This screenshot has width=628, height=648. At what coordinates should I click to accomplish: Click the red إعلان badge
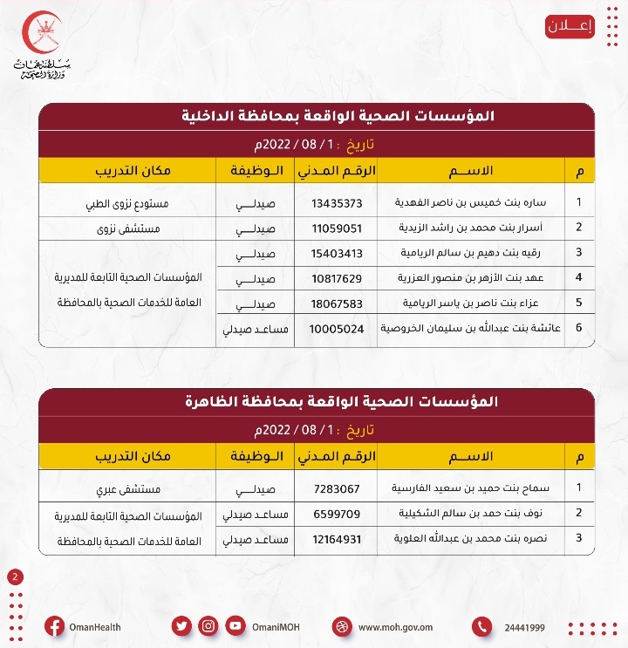click(x=570, y=26)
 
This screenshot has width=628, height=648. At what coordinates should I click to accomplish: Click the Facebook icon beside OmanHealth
click(x=54, y=626)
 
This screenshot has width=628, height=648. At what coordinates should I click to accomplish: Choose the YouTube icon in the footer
click(x=235, y=626)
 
